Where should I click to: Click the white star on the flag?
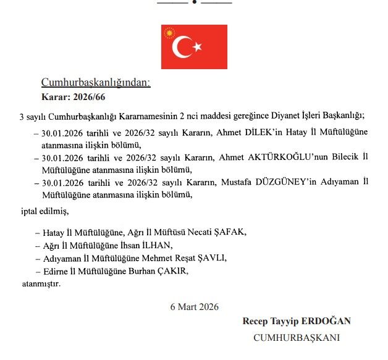tap(198, 47)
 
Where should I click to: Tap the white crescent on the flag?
tap(182, 47)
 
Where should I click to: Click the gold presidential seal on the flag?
tap(169, 33)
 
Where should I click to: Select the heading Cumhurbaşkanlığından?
tap(96, 82)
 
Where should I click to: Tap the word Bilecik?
tap(351, 157)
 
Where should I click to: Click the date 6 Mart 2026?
tap(194, 306)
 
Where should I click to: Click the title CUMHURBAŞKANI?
tap(297, 337)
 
